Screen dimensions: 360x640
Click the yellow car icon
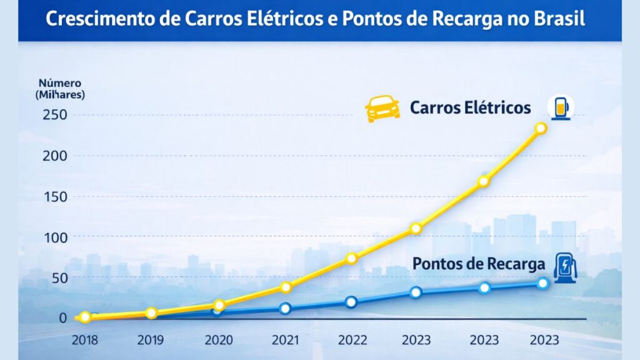pos(382,108)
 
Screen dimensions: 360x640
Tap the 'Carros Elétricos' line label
pos(470,107)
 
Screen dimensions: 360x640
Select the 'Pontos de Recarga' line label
pos(479,264)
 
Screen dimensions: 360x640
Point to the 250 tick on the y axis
pos(54,116)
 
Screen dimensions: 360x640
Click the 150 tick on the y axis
pos(54,196)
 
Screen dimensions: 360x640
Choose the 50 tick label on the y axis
pos(57,277)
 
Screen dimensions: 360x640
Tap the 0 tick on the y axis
pos(61,317)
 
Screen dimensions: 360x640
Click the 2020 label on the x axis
pos(218,340)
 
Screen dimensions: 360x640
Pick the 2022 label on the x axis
pos(351,340)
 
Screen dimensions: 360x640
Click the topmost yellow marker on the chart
pos(541,128)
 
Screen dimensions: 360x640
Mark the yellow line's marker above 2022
pos(351,258)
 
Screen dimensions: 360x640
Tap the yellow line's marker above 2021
pos(286,287)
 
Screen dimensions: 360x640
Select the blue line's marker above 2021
pos(286,308)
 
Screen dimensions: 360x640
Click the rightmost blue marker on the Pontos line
pos(542,283)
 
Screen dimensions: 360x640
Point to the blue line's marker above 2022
pos(351,302)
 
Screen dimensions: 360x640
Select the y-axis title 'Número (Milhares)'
pos(61,89)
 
